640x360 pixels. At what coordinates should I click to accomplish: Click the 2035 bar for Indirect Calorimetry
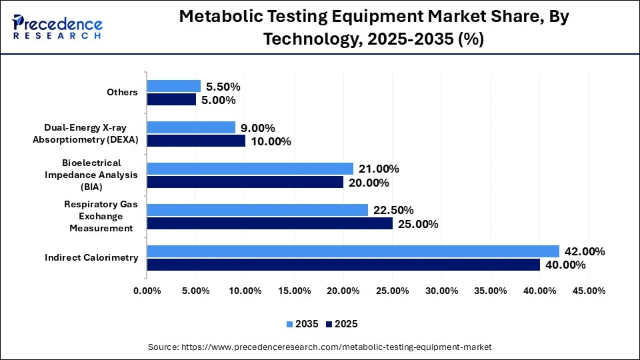pos(353,251)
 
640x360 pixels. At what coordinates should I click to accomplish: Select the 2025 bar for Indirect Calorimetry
pos(343,265)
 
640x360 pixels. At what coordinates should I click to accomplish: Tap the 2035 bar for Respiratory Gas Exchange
pos(257,210)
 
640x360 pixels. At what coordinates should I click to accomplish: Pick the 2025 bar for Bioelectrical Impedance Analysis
pos(245,182)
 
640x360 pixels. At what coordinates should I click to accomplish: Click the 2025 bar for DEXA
pos(196,141)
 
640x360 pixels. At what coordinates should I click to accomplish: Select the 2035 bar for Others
pos(174,86)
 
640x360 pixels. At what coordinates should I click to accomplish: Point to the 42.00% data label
pos(585,251)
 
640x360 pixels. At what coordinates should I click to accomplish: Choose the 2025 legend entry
pos(341,324)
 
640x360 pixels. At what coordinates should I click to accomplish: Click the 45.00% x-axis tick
pos(589,291)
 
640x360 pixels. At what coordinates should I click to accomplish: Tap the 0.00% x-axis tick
pos(147,291)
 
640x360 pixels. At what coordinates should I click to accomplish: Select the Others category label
pos(122,92)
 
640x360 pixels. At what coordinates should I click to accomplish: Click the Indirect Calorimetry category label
pos(92,257)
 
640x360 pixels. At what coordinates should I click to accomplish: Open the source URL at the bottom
pos(319,347)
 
